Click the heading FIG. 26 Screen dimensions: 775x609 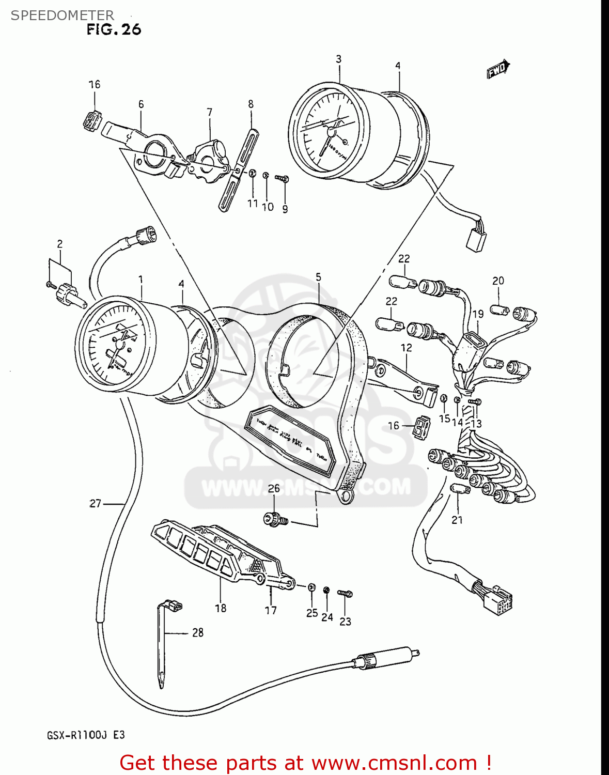(x=114, y=29)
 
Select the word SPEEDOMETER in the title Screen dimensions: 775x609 (x=63, y=15)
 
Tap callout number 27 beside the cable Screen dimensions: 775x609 (x=96, y=503)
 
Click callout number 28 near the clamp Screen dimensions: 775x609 (x=198, y=632)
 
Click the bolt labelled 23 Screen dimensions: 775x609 (x=345, y=594)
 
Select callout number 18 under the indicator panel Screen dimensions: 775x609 (x=221, y=608)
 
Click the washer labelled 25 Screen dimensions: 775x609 (x=312, y=587)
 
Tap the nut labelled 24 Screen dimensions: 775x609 (x=326, y=590)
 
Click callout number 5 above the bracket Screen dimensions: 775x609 (x=318, y=277)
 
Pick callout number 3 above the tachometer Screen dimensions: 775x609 (x=339, y=59)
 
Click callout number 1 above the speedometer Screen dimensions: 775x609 (x=140, y=280)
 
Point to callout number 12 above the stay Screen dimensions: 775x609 (x=407, y=348)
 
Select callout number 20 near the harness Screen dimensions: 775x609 (x=498, y=281)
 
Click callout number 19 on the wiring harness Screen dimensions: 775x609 (x=478, y=314)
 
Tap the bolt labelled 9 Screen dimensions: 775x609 (x=283, y=179)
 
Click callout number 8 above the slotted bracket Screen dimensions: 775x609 (x=251, y=104)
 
